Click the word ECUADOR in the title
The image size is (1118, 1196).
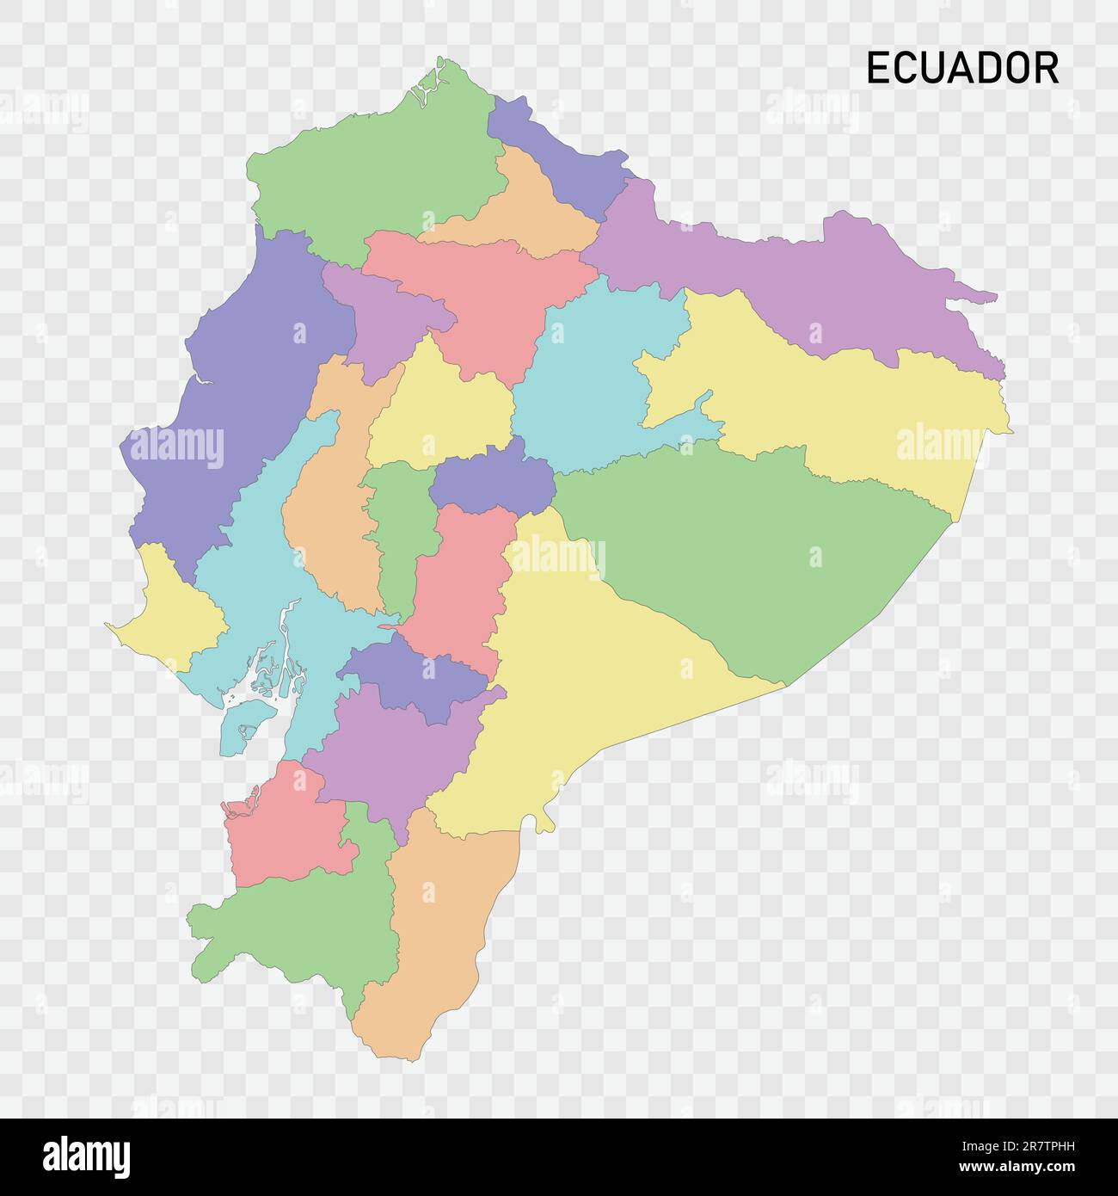(x=962, y=69)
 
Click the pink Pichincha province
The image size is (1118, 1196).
(x=482, y=293)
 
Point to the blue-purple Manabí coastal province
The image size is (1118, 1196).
(x=249, y=387)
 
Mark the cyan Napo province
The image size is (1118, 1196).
(x=593, y=370)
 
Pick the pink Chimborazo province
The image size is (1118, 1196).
(x=456, y=585)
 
